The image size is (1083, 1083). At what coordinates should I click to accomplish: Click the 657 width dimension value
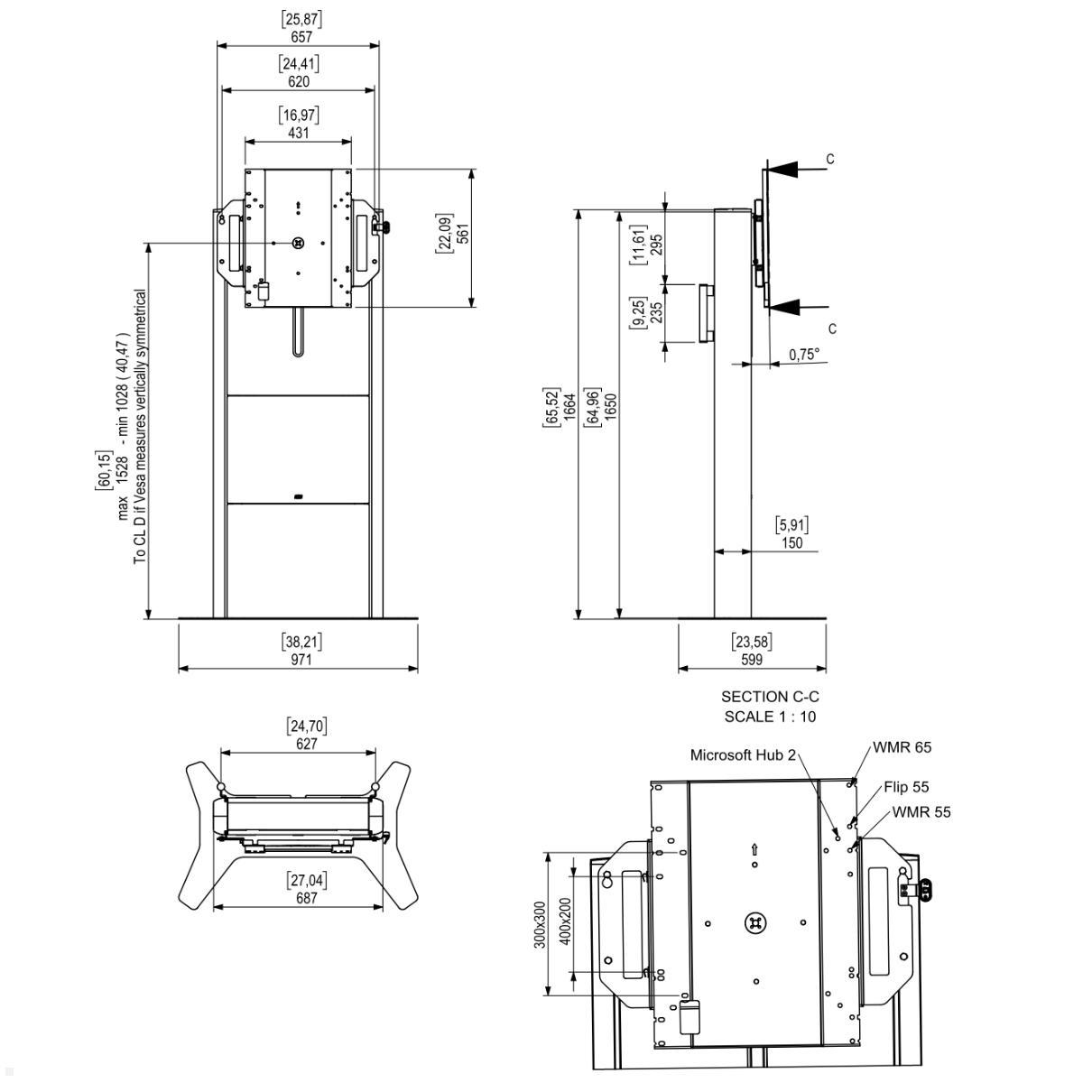point(301,37)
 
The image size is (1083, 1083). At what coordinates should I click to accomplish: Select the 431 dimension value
point(299,133)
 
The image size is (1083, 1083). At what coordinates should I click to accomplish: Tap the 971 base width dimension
point(301,660)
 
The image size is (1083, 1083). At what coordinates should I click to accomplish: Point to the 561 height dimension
point(463,235)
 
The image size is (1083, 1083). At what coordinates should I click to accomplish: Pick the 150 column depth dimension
point(791,543)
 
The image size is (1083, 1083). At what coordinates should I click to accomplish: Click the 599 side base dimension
point(751,660)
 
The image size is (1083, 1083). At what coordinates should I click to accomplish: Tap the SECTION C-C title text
point(770,697)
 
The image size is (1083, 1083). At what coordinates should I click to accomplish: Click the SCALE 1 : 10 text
point(770,717)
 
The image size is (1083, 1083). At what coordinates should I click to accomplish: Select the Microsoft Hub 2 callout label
point(743,754)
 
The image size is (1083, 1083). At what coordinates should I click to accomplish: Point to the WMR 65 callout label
point(902,747)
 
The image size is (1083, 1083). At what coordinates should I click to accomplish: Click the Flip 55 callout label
point(906,787)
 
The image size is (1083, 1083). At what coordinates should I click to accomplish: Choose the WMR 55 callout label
point(921,811)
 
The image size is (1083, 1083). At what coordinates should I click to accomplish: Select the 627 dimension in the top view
point(307,745)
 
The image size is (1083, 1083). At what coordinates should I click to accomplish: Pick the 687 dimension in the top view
point(307,899)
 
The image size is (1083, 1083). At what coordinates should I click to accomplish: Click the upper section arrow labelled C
point(786,168)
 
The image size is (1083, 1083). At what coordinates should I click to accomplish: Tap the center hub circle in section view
point(755,922)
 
